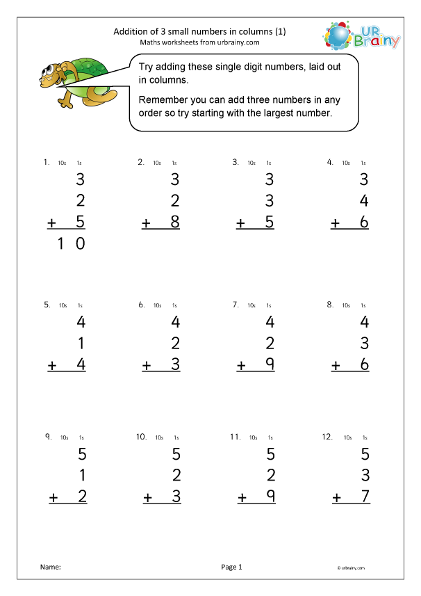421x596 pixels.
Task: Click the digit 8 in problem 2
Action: [175, 223]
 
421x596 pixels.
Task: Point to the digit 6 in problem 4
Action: [363, 223]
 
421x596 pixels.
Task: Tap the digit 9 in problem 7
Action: [270, 364]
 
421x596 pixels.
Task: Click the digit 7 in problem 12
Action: [364, 497]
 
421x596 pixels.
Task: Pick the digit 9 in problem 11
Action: [270, 497]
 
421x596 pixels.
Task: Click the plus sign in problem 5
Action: [51, 364]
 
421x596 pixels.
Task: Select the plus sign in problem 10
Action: [147, 498]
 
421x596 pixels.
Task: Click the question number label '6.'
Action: [141, 304]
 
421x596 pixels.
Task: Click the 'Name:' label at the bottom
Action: [51, 567]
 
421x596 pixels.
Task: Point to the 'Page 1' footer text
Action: [231, 567]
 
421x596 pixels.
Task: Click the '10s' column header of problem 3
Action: [251, 163]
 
